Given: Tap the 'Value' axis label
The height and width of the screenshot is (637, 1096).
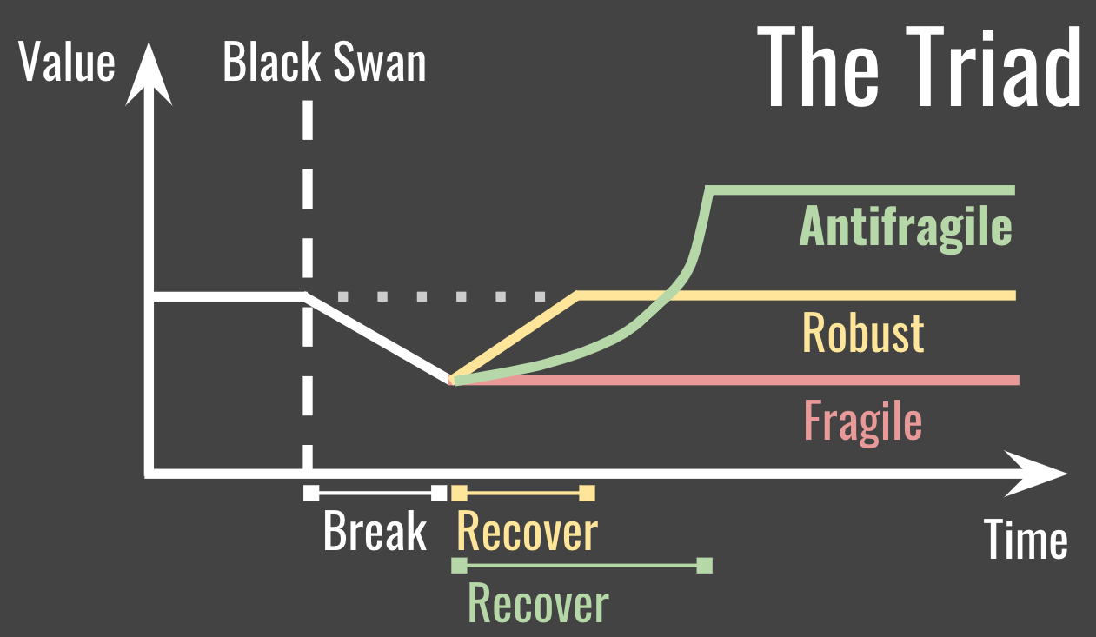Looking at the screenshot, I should (x=67, y=63).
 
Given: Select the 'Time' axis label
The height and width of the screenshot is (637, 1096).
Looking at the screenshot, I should (x=1026, y=540).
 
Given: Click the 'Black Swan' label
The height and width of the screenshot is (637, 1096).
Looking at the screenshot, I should (x=324, y=63).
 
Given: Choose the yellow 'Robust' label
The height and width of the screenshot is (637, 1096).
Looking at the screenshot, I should (x=862, y=332).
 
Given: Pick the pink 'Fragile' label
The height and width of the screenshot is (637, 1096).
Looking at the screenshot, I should (x=862, y=421).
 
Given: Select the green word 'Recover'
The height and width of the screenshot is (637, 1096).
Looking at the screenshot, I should (x=538, y=602).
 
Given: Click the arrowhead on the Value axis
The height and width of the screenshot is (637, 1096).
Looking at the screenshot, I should (x=149, y=74).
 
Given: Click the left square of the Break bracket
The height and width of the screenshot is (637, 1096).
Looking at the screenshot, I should (x=310, y=494).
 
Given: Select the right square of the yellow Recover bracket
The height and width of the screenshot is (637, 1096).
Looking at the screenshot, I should (x=587, y=494).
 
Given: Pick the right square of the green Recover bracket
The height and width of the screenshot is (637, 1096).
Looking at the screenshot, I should (x=704, y=566).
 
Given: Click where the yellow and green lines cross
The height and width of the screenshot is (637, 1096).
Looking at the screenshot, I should (x=669, y=295).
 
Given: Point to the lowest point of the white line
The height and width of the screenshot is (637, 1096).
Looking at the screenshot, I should (x=449, y=380).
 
